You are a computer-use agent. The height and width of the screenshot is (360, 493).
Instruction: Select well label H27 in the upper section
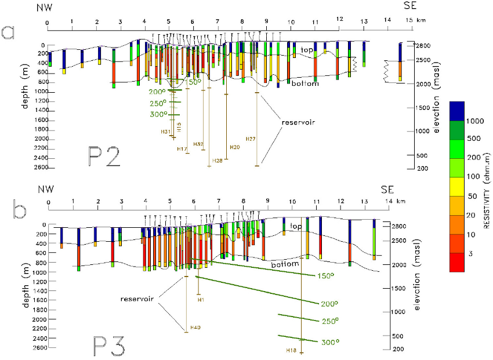click(x=251, y=139)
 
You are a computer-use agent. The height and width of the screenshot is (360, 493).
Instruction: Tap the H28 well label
click(x=218, y=160)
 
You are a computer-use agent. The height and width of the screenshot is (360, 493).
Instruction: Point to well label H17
click(x=182, y=149)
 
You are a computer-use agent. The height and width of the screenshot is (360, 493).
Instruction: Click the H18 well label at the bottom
click(x=292, y=350)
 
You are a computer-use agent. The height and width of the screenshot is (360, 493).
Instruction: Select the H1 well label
click(x=201, y=300)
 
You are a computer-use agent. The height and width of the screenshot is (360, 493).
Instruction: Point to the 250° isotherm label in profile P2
click(x=157, y=103)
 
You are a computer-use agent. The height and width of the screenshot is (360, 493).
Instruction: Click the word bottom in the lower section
click(x=285, y=264)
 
